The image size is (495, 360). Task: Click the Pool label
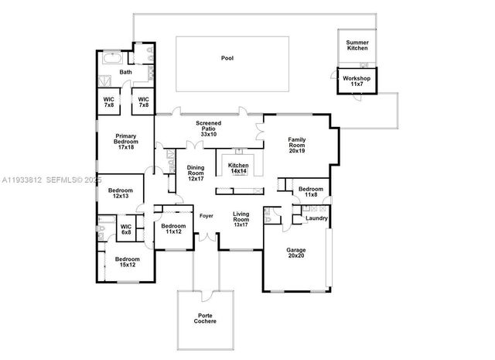click(227, 58)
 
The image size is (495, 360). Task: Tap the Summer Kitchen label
click(357, 46)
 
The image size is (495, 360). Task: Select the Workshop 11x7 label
click(357, 82)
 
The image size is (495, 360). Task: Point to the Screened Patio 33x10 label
click(208, 129)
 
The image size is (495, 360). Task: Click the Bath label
click(125, 73)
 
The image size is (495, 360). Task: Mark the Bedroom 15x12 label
click(128, 262)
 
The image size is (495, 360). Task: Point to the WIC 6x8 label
click(126, 230)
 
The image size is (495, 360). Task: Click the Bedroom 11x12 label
click(173, 228)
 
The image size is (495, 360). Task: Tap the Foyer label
click(207, 215)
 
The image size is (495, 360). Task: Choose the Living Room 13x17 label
click(241, 221)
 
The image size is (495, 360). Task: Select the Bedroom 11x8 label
click(310, 192)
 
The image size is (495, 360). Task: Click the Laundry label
click(316, 218)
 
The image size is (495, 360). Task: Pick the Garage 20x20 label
click(297, 253)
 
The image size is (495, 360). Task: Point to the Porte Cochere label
click(205, 317)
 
